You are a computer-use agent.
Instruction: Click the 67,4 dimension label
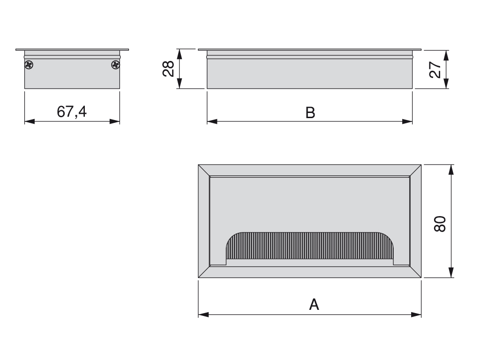pyautogui.click(x=72, y=112)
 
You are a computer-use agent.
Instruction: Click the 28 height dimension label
pyautogui.click(x=169, y=69)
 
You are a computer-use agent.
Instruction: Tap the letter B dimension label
pyautogui.click(x=310, y=112)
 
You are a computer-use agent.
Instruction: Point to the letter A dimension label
pyautogui.click(x=314, y=305)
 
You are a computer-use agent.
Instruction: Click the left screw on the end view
pyautogui.click(x=29, y=65)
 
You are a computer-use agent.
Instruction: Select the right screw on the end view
pyautogui.click(x=115, y=65)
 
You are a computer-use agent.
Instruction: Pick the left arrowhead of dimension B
pyautogui.click(x=212, y=121)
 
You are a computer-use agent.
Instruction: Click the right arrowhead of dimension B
pyautogui.click(x=408, y=121)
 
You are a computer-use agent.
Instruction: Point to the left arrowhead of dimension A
pyautogui.click(x=203, y=315)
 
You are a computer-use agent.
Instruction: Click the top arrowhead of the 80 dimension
pyautogui.click(x=451, y=169)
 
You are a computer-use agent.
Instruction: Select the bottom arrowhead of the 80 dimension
pyautogui.click(x=451, y=273)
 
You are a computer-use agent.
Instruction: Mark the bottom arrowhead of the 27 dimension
pyautogui.click(x=446, y=84)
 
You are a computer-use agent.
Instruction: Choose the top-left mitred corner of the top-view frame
pyautogui.click(x=204, y=171)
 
